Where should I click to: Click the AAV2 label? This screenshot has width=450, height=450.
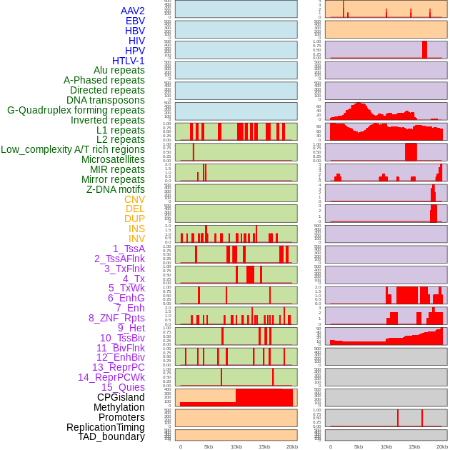point(133,11)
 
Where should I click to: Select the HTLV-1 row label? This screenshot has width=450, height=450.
point(129,61)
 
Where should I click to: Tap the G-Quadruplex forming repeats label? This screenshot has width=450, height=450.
point(76,110)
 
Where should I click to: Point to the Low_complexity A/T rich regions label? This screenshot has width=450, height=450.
point(73,149)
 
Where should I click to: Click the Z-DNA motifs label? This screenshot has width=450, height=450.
point(116,189)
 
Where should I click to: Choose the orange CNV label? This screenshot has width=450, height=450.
point(134,199)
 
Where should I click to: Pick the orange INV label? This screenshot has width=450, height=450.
point(136,239)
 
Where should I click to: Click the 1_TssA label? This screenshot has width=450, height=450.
point(129,249)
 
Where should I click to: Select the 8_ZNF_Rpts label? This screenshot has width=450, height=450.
point(116,318)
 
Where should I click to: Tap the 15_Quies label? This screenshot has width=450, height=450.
point(123,387)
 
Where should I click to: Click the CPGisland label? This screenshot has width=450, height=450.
point(121,397)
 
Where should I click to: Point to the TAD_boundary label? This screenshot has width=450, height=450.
point(111,436)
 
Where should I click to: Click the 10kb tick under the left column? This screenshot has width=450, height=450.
point(236,446)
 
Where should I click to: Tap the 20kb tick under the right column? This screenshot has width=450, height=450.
point(441,446)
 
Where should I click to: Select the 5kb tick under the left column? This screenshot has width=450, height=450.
point(209,446)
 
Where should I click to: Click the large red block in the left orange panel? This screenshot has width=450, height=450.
point(264,397)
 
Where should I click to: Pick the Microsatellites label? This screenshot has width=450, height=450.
point(113,159)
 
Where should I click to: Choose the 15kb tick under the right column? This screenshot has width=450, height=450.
point(414,446)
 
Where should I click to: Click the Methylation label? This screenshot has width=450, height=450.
point(114,407)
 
